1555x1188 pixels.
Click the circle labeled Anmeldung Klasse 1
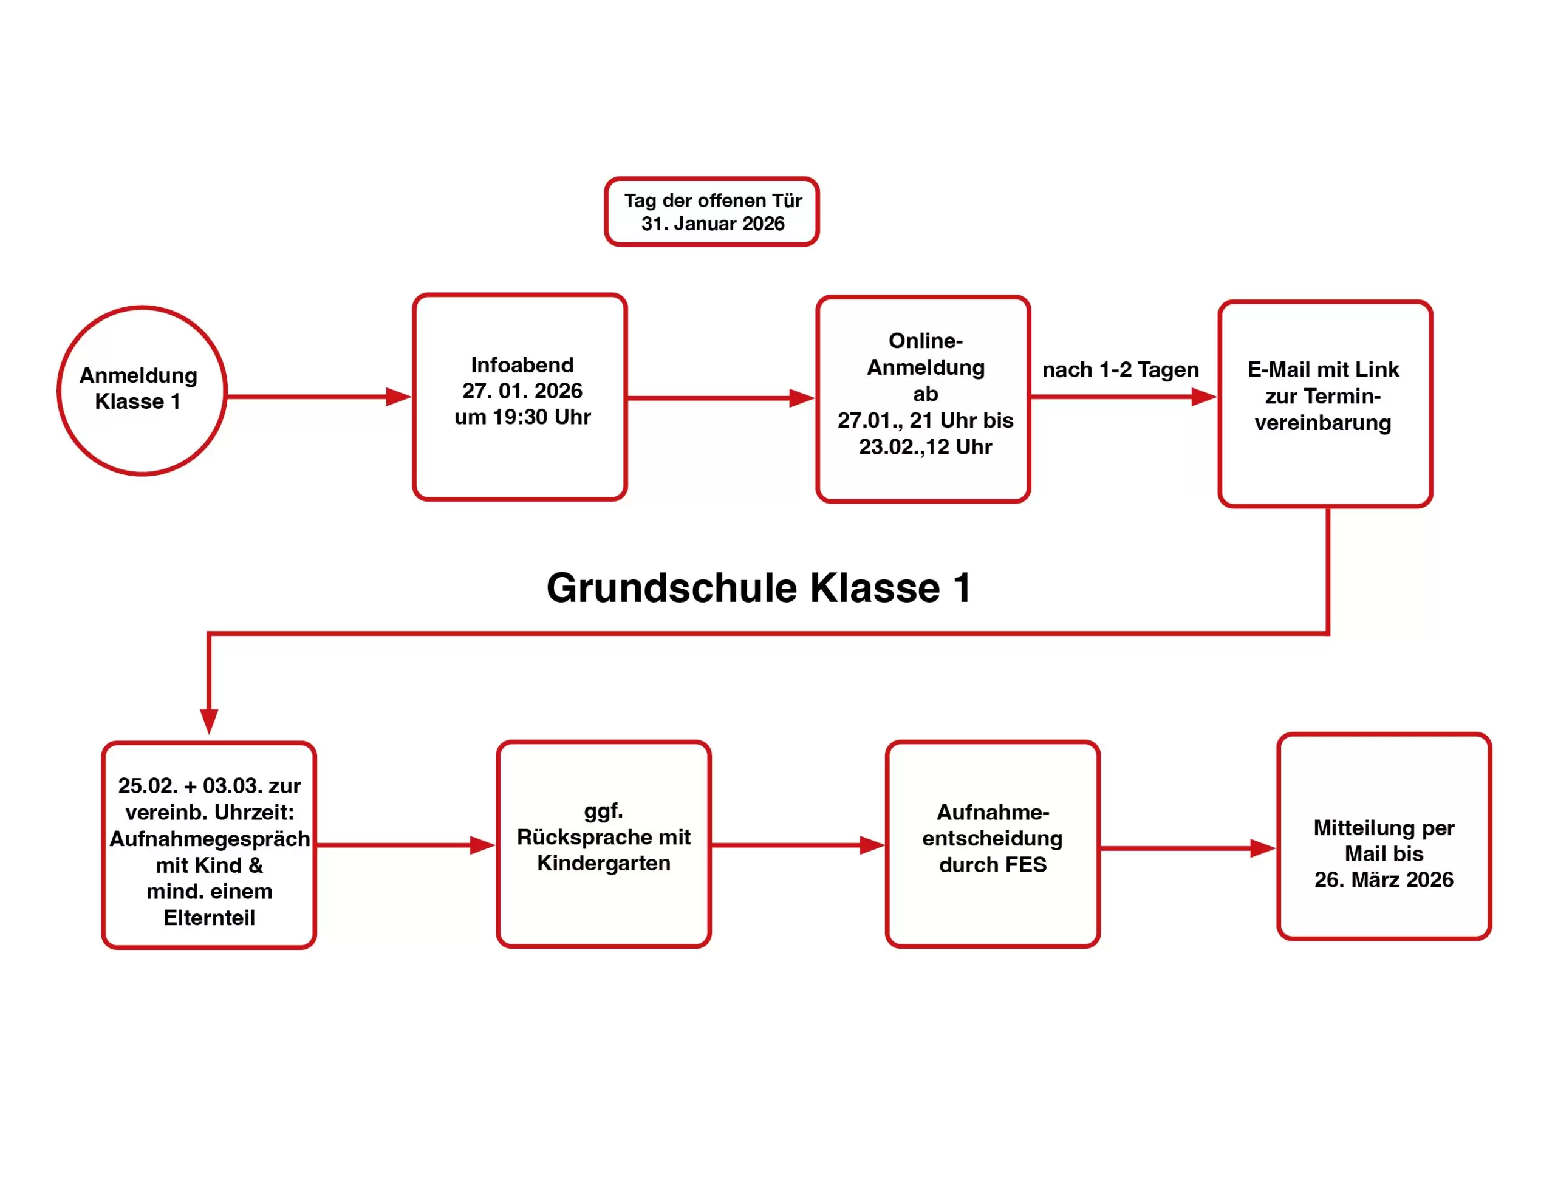click(x=142, y=391)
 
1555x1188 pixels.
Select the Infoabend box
click(x=520, y=397)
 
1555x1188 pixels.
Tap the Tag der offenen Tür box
click(x=711, y=211)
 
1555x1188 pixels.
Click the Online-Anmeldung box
click(x=923, y=399)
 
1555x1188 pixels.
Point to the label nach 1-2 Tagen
click(x=1120, y=370)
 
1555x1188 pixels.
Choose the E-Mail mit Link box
click(x=1324, y=404)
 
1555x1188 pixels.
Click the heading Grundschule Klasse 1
click(x=759, y=588)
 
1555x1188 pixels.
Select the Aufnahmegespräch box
click(x=208, y=845)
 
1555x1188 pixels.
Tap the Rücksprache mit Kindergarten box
click(x=603, y=844)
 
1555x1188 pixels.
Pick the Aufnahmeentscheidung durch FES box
click(x=992, y=844)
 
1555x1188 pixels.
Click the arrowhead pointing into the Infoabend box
click(x=398, y=397)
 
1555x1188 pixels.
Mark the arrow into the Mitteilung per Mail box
click(x=1188, y=848)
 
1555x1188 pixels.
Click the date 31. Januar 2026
click(x=713, y=224)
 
